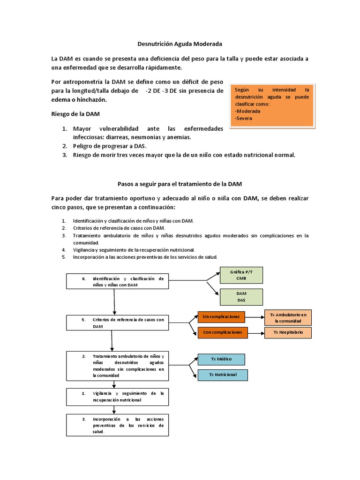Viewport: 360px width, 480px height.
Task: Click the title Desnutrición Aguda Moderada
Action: (180, 44)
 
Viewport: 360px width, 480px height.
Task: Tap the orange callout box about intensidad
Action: (273, 105)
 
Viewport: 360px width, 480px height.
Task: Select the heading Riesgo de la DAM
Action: (75, 114)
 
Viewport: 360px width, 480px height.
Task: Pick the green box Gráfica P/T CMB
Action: (241, 275)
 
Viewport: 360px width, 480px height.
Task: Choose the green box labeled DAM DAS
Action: (241, 297)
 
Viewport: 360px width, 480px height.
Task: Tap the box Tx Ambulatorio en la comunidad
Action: (288, 318)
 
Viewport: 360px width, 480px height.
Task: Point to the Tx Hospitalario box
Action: (288, 332)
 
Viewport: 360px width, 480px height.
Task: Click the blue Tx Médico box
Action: (221, 360)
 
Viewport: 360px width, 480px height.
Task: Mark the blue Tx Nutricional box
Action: (223, 375)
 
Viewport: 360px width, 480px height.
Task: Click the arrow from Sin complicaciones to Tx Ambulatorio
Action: (255, 317)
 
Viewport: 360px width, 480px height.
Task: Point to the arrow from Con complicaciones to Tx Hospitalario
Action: (255, 332)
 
